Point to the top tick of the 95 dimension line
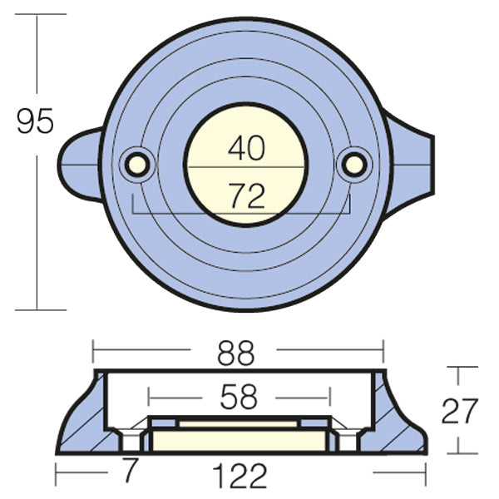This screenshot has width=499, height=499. click(x=40, y=14)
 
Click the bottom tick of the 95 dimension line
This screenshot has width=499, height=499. click(x=40, y=310)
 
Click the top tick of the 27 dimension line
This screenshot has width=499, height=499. click(x=464, y=368)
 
